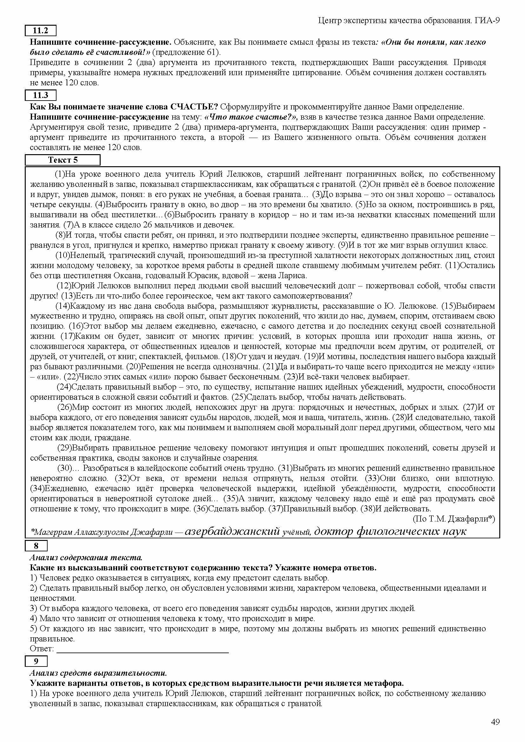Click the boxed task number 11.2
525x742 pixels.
(x=40, y=31)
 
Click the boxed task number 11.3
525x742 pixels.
(x=40, y=95)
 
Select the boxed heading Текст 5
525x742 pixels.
(x=63, y=160)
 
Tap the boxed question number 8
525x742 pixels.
(x=36, y=546)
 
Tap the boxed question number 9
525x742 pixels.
(x=36, y=661)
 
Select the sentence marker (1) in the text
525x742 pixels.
(x=60, y=174)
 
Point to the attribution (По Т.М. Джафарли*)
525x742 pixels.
(x=454, y=519)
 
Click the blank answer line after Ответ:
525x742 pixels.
(x=142, y=648)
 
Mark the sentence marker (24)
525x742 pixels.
(x=64, y=387)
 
